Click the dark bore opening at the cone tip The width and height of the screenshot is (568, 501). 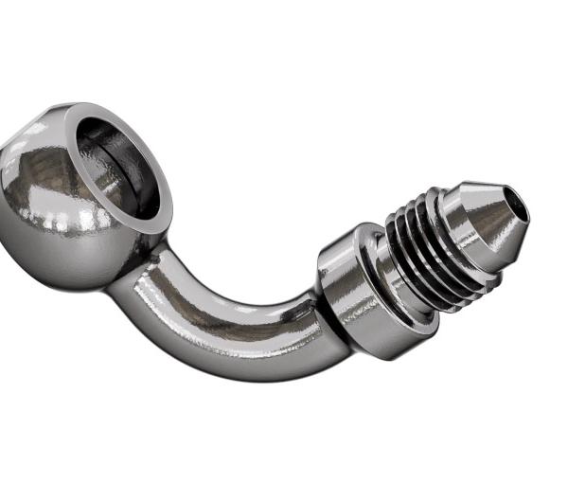(x=515, y=203)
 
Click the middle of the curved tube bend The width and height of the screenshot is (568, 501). (x=227, y=327)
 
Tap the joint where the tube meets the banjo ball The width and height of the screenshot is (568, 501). (x=142, y=270)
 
